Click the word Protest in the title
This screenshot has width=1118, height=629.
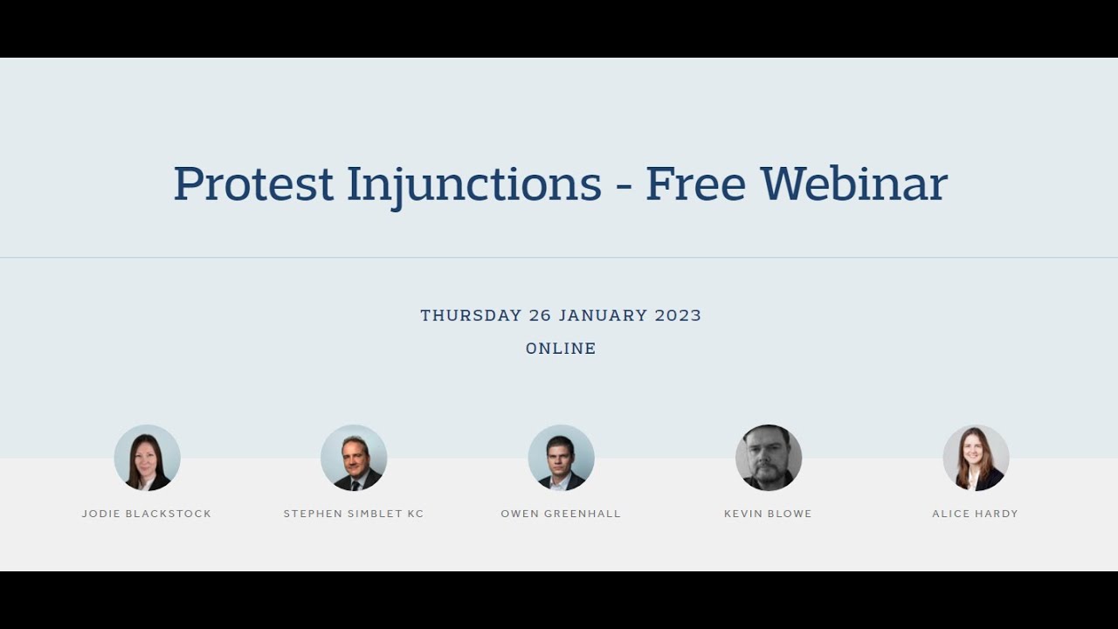point(253,184)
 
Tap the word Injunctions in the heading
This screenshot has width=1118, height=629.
point(474,184)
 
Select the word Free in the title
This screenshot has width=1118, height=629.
point(695,184)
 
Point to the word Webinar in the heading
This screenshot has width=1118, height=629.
point(854,184)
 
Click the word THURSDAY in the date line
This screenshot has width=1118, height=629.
point(471,315)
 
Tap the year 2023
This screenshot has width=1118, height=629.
point(679,315)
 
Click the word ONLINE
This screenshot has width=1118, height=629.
point(561,349)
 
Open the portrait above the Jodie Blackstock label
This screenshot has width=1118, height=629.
point(147,458)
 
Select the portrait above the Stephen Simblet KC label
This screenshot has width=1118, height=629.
point(354,458)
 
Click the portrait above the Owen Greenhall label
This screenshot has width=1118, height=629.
point(561,458)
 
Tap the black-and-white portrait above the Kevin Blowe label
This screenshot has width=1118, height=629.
point(769,458)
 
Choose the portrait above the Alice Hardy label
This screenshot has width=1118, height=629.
point(976,458)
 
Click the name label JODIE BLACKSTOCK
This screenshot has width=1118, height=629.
point(147,514)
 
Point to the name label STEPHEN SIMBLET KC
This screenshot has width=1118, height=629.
point(354,514)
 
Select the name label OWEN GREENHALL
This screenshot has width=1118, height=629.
point(561,514)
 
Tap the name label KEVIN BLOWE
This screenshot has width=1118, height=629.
point(769,514)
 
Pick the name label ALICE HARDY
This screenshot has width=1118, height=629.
point(976,514)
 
